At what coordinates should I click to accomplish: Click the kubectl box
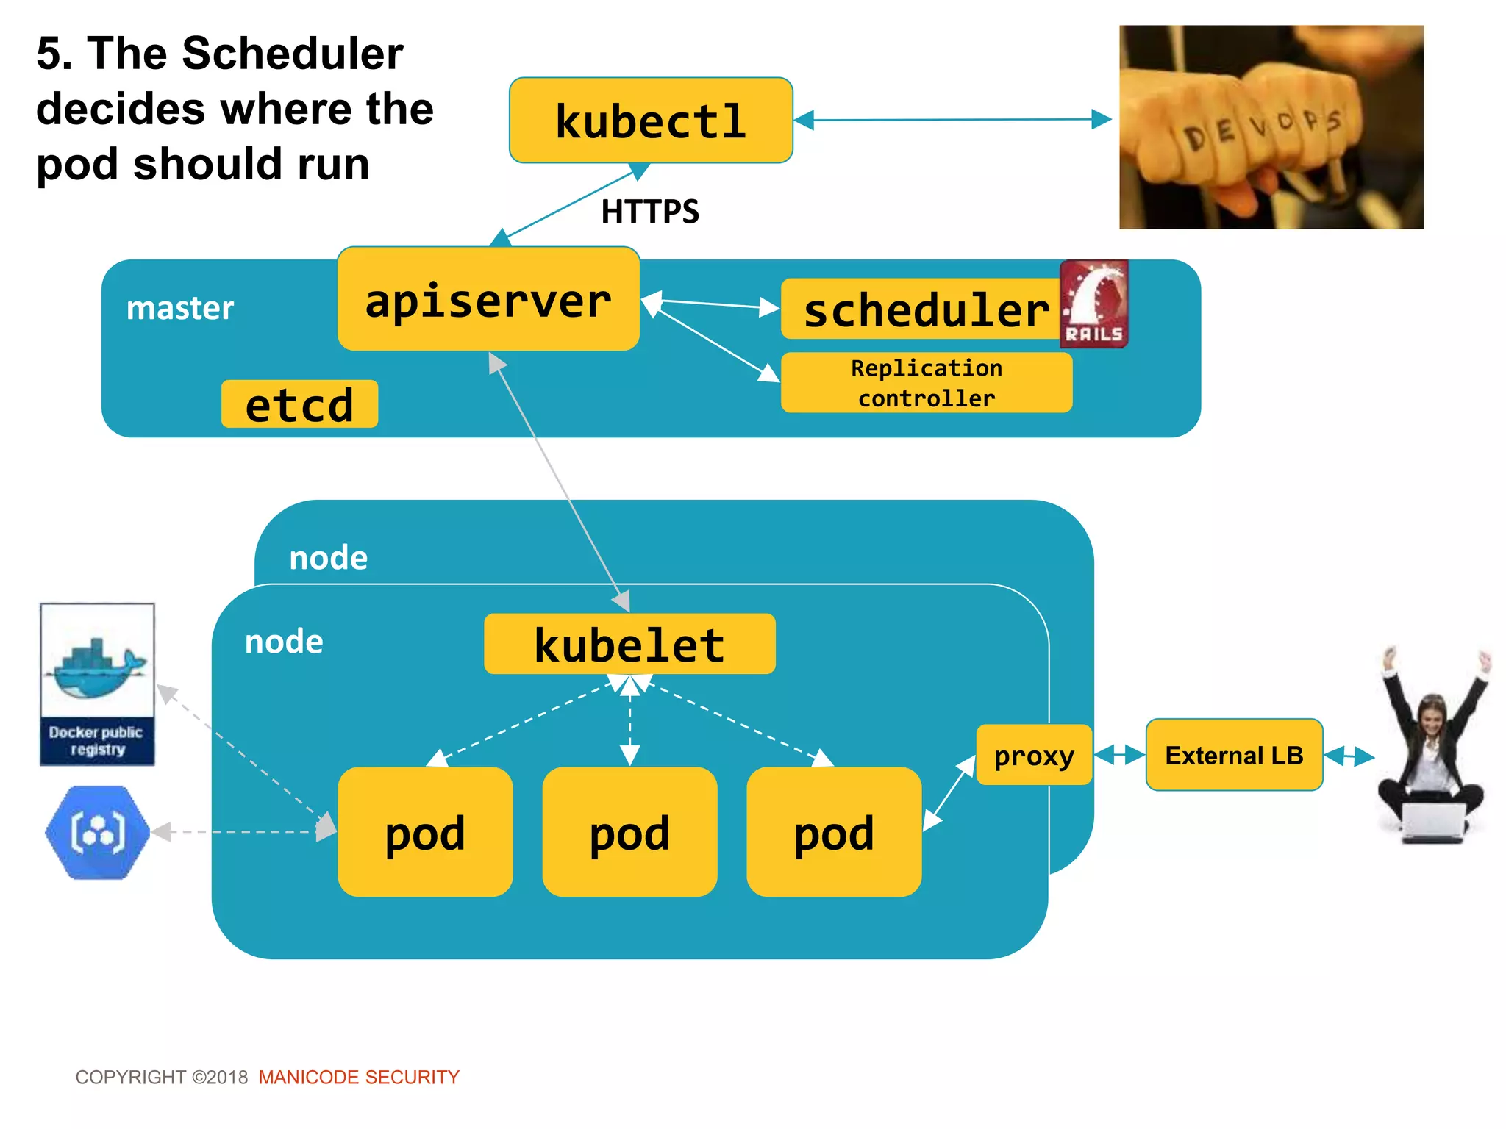[651, 121]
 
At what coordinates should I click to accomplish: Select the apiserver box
[488, 299]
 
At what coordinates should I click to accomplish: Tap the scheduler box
[923, 309]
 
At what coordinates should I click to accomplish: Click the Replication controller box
[926, 383]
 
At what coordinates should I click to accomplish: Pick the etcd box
[299, 404]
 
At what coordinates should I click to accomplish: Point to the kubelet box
[629, 644]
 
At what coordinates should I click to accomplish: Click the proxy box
[1033, 755]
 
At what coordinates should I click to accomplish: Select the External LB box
[1234, 755]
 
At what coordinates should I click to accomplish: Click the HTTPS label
[650, 212]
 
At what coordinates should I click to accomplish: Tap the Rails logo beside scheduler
[1093, 304]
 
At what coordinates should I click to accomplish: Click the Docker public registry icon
[97, 684]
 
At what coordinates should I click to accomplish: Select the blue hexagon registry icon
[97, 832]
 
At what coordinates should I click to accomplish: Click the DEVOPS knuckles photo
[1271, 127]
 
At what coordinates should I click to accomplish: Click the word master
[180, 308]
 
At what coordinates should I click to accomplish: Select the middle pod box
[629, 832]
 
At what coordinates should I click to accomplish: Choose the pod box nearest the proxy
[834, 832]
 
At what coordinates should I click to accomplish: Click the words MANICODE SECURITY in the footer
[359, 1077]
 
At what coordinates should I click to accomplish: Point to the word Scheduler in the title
[293, 54]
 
